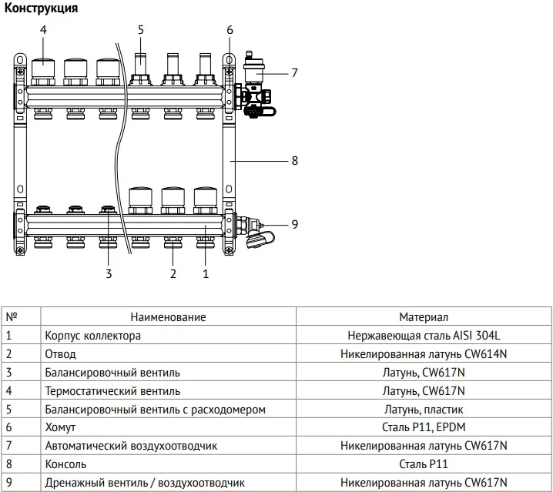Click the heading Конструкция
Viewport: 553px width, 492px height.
click(x=40, y=8)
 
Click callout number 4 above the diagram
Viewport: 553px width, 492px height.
click(x=43, y=30)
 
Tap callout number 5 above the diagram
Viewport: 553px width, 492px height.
click(x=141, y=30)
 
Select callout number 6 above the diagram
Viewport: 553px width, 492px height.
click(x=230, y=30)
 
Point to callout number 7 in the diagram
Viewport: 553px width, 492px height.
click(x=293, y=73)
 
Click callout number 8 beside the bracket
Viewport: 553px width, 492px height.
click(x=293, y=161)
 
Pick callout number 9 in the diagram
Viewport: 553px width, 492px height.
click(x=293, y=224)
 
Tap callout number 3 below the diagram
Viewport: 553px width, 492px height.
click(x=109, y=273)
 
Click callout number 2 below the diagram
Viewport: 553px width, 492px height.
click(x=173, y=273)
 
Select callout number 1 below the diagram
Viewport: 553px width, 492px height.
click(x=205, y=273)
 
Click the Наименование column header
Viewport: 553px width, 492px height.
click(x=168, y=316)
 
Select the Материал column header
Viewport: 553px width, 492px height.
click(x=423, y=316)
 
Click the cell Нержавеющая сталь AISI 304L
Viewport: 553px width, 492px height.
click(x=423, y=336)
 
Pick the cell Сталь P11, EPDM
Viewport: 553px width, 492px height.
click(x=423, y=427)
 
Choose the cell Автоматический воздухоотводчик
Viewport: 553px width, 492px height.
click(x=131, y=446)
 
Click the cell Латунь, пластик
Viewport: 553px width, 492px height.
click(x=423, y=409)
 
